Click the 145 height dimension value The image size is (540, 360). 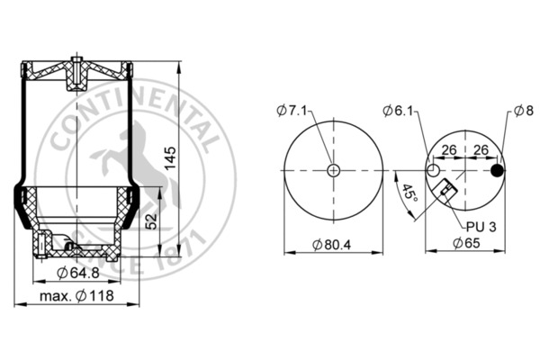pyautogui.click(x=170, y=158)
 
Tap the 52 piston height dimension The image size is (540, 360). pyautogui.click(x=151, y=221)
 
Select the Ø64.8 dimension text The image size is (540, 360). pyautogui.click(x=78, y=274)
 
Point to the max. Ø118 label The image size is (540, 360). pyautogui.click(x=76, y=296)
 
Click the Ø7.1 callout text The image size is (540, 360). pyautogui.click(x=292, y=111)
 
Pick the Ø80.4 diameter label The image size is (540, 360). pyautogui.click(x=331, y=245)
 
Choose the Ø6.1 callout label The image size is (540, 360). pyautogui.click(x=398, y=111)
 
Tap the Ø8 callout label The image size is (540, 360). pyautogui.click(x=524, y=111)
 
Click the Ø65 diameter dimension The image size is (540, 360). pyautogui.click(x=466, y=243)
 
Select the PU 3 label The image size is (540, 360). pyautogui.click(x=481, y=227)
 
